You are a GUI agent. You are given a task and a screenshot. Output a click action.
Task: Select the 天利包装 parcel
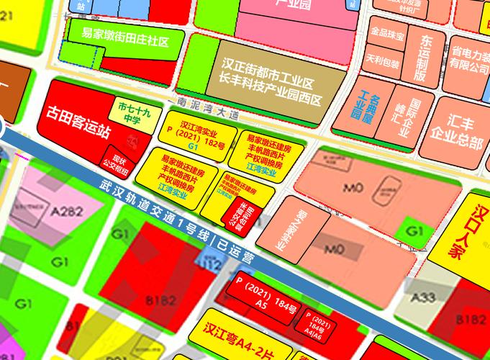pyautogui.click(x=382, y=62)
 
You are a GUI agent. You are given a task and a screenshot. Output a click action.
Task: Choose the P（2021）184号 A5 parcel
pyautogui.click(x=260, y=294)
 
